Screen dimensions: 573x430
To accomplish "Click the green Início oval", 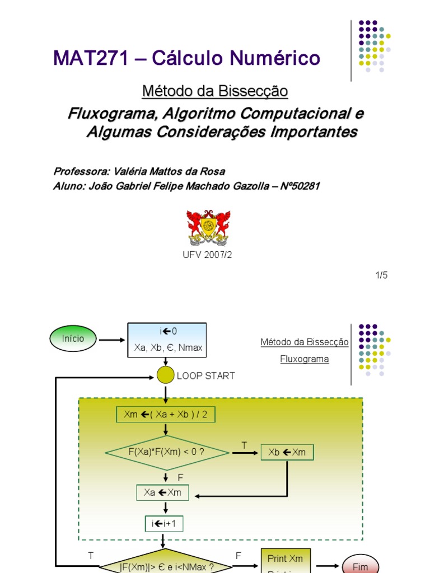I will [73, 339].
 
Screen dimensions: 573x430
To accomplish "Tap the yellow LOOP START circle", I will [166, 375].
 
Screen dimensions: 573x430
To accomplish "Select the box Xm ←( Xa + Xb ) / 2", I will [166, 415].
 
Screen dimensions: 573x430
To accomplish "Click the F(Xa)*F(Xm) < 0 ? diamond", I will [166, 452].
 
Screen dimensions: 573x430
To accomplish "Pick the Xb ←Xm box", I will [287, 452].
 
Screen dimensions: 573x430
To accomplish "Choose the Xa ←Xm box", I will [163, 492].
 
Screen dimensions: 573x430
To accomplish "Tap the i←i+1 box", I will [164, 524].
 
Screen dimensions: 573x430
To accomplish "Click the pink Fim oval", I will [360, 565].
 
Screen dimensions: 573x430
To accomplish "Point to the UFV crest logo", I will [208, 228].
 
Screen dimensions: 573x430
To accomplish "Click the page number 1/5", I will [381, 275].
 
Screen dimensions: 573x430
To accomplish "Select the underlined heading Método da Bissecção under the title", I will [215, 91].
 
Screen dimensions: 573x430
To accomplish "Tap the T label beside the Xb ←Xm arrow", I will [244, 445].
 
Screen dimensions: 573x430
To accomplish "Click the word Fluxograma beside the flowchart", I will [305, 359].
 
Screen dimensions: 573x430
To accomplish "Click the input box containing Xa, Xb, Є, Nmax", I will [167, 340].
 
